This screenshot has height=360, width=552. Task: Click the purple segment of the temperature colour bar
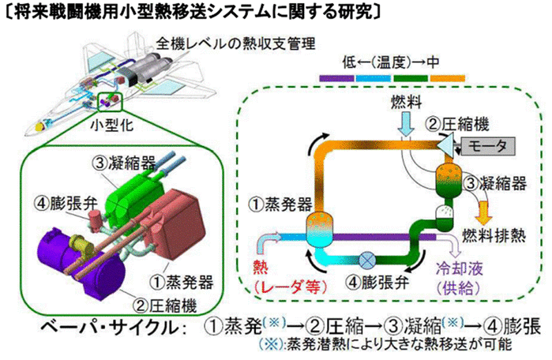(337, 78)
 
